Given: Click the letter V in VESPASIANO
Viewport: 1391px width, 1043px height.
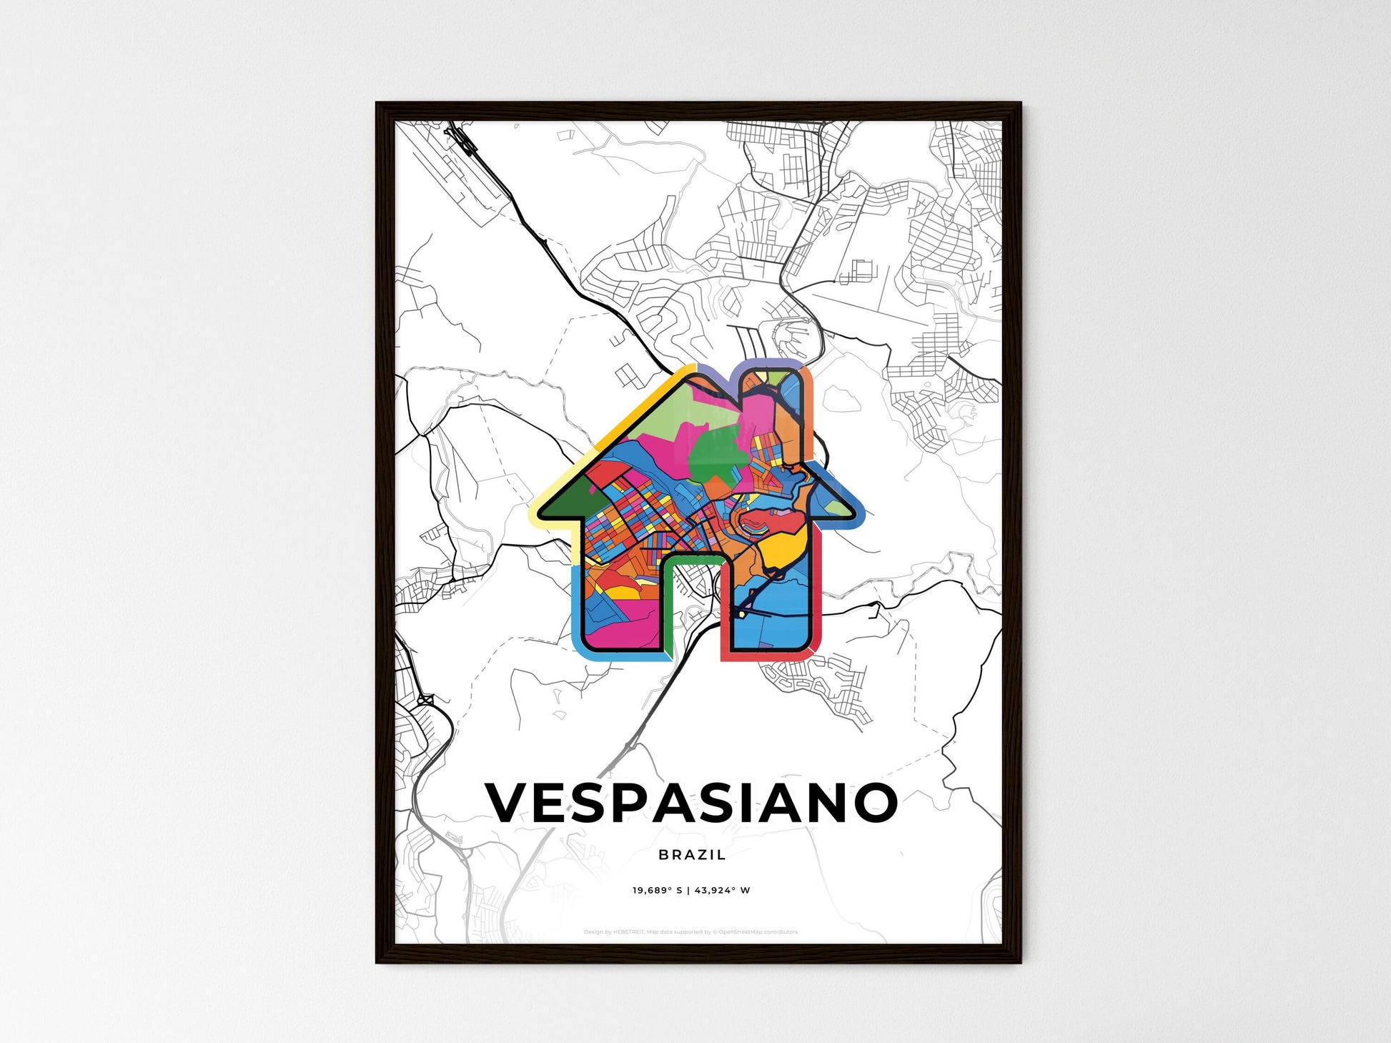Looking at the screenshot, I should [x=510, y=802].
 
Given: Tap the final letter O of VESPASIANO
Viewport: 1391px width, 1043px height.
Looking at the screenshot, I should [x=875, y=802].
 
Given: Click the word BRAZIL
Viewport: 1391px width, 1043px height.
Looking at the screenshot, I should [x=692, y=854].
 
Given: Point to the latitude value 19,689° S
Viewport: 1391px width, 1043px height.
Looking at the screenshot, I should [x=657, y=891].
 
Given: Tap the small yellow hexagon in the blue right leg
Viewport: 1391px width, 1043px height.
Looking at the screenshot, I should [x=743, y=613].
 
